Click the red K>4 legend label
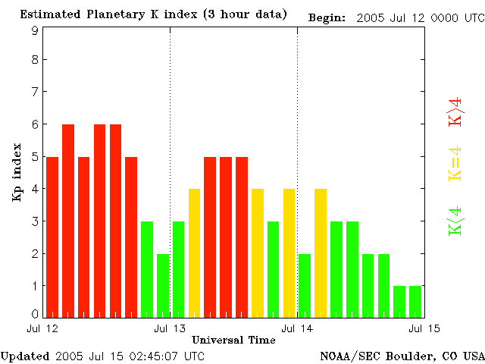(x=455, y=111)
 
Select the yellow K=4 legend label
(x=455, y=164)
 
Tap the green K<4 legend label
(x=455, y=221)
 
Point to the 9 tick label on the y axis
(x=36, y=30)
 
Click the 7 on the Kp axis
(x=36, y=92)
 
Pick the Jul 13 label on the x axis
(x=170, y=328)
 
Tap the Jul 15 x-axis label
(x=424, y=328)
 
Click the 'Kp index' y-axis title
(x=17, y=172)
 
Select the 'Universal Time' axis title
(x=233, y=340)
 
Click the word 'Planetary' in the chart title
(x=115, y=14)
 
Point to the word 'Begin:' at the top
(x=327, y=18)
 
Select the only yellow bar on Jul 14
(x=321, y=253)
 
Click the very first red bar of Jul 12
(x=52, y=237)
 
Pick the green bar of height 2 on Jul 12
(x=163, y=286)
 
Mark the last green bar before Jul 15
(x=415, y=302)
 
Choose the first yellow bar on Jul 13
(x=194, y=253)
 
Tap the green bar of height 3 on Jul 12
(x=147, y=270)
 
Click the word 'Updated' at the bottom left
(x=25, y=356)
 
